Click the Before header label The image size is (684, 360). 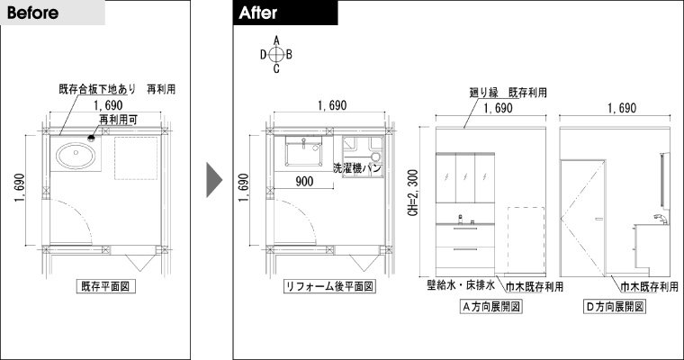32,13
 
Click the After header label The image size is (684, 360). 257,13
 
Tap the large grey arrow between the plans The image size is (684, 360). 214,180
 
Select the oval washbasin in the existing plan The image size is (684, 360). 76,156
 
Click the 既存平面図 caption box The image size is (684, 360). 105,286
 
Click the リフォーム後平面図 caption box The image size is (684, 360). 329,286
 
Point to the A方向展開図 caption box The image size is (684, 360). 491,306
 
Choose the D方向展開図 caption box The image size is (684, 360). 615,306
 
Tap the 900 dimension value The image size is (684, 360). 304,181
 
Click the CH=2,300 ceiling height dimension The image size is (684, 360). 413,193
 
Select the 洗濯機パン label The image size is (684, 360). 357,167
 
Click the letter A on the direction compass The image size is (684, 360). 276,40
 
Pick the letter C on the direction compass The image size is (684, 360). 276,68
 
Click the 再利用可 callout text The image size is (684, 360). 118,119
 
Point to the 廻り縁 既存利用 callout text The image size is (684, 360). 508,93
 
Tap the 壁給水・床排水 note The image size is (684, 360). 461,285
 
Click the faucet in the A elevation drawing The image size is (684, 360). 460,219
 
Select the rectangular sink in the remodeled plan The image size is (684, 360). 303,151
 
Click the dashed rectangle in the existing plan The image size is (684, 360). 136,158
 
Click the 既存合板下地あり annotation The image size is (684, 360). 97,89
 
